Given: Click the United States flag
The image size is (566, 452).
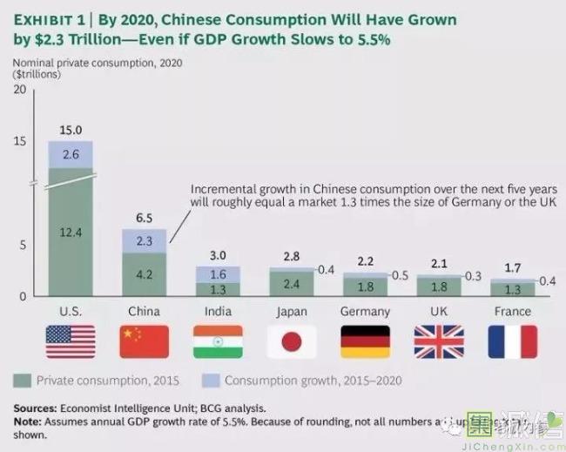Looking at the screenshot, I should (x=71, y=342).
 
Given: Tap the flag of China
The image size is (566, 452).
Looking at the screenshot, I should (x=144, y=342).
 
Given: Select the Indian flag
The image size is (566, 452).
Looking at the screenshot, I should (x=218, y=342).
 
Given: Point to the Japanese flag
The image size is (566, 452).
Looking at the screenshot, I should (x=291, y=342).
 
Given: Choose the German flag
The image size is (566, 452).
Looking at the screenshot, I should (x=365, y=342).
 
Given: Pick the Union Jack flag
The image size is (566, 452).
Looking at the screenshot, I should (x=438, y=342).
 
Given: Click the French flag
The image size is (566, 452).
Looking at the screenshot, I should (x=512, y=342).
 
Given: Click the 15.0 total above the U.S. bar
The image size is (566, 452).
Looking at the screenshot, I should (x=71, y=130).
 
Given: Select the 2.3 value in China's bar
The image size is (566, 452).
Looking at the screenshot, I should (x=144, y=240).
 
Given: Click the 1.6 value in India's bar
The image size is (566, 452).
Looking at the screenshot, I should (x=218, y=274).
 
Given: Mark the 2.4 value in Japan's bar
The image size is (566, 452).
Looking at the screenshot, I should (x=291, y=284).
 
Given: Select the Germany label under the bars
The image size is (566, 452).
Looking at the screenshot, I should (x=365, y=311).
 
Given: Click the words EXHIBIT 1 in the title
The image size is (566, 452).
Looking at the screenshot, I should (x=49, y=18).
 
